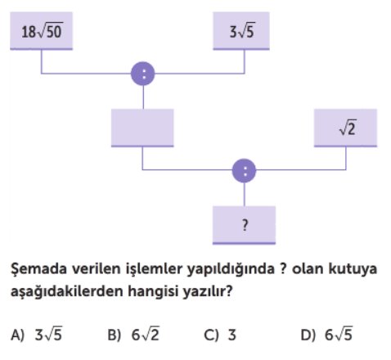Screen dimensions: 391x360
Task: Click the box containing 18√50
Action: coord(42,31)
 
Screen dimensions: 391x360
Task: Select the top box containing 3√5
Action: coord(241,31)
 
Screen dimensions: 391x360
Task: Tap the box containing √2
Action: coord(345,128)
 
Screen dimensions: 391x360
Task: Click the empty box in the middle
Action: coord(142,128)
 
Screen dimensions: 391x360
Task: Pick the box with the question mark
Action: coord(244,225)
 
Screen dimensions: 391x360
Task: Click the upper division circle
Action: coord(143,74)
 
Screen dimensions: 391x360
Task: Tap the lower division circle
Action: coord(244,171)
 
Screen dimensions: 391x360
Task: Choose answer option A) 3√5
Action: coord(37,334)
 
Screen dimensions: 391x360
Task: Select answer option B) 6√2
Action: coord(133,334)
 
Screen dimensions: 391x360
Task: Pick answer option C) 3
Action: coord(220,335)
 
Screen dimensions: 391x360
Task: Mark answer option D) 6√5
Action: coord(326,334)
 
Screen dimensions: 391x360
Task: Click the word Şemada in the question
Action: coord(39,269)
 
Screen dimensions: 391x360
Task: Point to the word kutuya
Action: coord(353,269)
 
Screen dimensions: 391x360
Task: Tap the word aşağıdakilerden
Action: coord(67,291)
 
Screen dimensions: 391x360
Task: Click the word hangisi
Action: coord(153,291)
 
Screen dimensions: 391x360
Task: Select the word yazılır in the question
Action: coord(208,291)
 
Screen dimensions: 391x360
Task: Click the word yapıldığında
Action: coord(231,269)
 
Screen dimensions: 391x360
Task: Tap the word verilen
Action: coord(97,268)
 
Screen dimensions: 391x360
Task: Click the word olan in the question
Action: coord(308,268)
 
